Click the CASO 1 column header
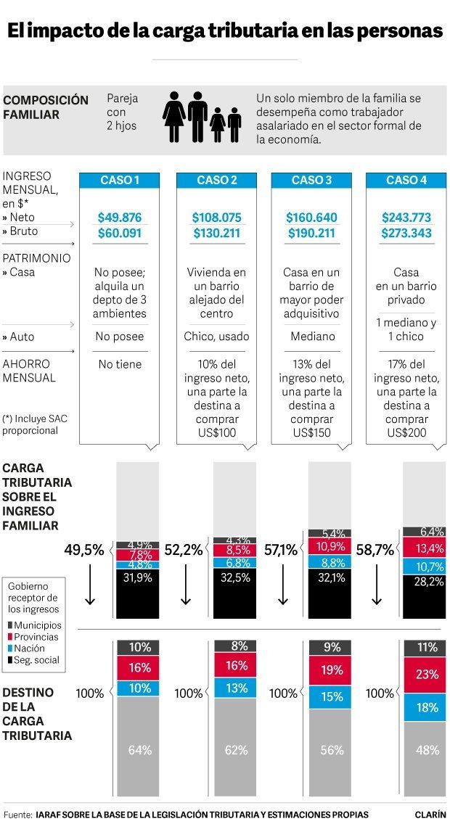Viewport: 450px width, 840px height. pos(119,181)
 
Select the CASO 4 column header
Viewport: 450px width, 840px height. pos(406,181)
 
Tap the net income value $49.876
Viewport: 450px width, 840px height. pos(119,217)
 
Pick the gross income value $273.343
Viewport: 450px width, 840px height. pos(406,233)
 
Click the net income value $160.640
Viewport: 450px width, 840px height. pos(311,217)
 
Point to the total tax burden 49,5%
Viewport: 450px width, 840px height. pos(84,550)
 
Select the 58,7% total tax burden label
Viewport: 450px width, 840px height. pos(375,550)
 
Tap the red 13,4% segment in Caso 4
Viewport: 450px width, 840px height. pos(425,547)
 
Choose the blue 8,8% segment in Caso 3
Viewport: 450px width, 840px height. pos(330,561)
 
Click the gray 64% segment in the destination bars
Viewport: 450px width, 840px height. pos(138,749)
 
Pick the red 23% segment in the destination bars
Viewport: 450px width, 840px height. pos(425,675)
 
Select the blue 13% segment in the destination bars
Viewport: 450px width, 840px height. pos(234,688)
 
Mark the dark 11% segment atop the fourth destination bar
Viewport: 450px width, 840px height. pos(425,647)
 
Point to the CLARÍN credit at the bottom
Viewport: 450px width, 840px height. pos(430,815)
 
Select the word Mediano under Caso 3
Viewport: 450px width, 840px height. pos(311,337)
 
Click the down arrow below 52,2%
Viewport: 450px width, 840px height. pos(186,588)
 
